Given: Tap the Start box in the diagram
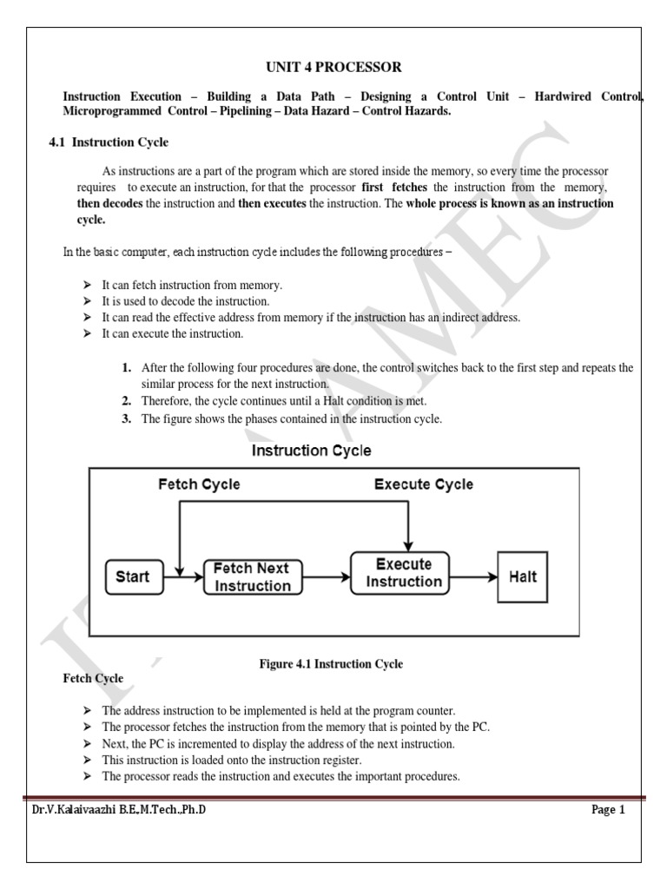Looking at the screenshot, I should pos(132,576).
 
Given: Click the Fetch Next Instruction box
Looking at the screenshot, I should pos(253,577).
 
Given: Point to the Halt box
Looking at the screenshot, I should pos(522,576).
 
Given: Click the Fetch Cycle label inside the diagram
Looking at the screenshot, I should pos(199,484).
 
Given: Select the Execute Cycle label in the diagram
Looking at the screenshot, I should pos(424,484).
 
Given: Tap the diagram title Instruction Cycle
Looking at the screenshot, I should pos(311,451).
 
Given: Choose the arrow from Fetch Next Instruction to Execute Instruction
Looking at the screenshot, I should pos(327,576).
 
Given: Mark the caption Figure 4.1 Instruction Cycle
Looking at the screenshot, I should pos(331,664).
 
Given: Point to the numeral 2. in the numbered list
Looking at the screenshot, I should pos(126,400).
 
